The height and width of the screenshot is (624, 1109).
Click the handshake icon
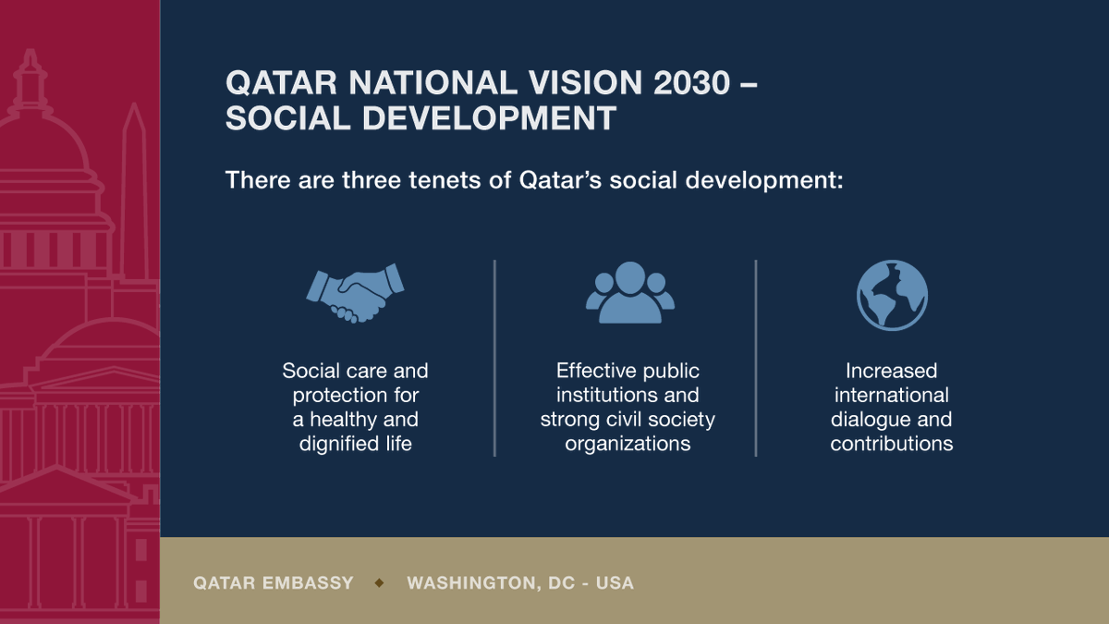pyautogui.click(x=356, y=293)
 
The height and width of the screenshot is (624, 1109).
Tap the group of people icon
pyautogui.click(x=629, y=293)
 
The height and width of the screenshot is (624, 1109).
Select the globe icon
pyautogui.click(x=892, y=295)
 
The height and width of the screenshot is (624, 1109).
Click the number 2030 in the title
pyautogui.click(x=704, y=83)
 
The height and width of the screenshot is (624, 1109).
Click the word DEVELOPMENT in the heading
pyautogui.click(x=488, y=119)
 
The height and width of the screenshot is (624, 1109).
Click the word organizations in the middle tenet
pyautogui.click(x=628, y=444)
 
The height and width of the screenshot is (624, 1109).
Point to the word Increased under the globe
pyautogui.click(x=891, y=372)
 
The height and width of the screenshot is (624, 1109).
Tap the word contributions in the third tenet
pyautogui.click(x=891, y=444)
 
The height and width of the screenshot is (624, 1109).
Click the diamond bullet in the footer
pyautogui.click(x=380, y=583)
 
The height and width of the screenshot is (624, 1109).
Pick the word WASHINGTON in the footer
pyautogui.click(x=470, y=583)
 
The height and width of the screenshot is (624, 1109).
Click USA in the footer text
pyautogui.click(x=615, y=583)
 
